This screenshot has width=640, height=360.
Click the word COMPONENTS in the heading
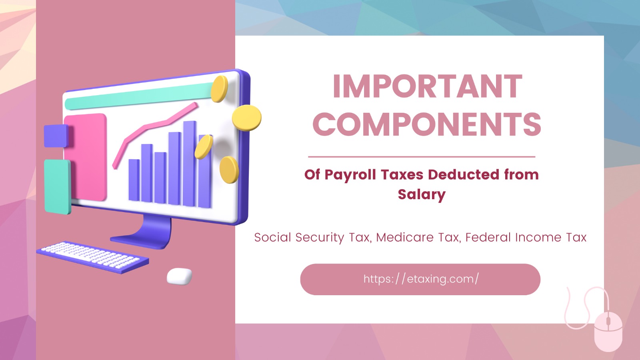[x=427, y=124]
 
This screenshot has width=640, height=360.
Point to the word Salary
[x=421, y=194]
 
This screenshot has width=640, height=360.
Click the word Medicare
[x=405, y=237]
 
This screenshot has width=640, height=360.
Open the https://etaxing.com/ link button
[x=420, y=279]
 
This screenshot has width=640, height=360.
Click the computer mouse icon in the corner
[x=608, y=331]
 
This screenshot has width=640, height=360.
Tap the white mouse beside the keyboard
[x=179, y=276]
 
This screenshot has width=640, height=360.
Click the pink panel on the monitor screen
[x=86, y=156]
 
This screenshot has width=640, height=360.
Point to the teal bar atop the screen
[x=140, y=96]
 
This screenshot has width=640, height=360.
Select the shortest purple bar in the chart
[x=134, y=180]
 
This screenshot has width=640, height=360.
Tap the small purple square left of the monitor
[x=56, y=136]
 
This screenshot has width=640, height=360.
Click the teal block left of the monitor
[x=57, y=186]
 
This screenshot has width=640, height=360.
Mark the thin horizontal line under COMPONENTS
[x=421, y=157]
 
